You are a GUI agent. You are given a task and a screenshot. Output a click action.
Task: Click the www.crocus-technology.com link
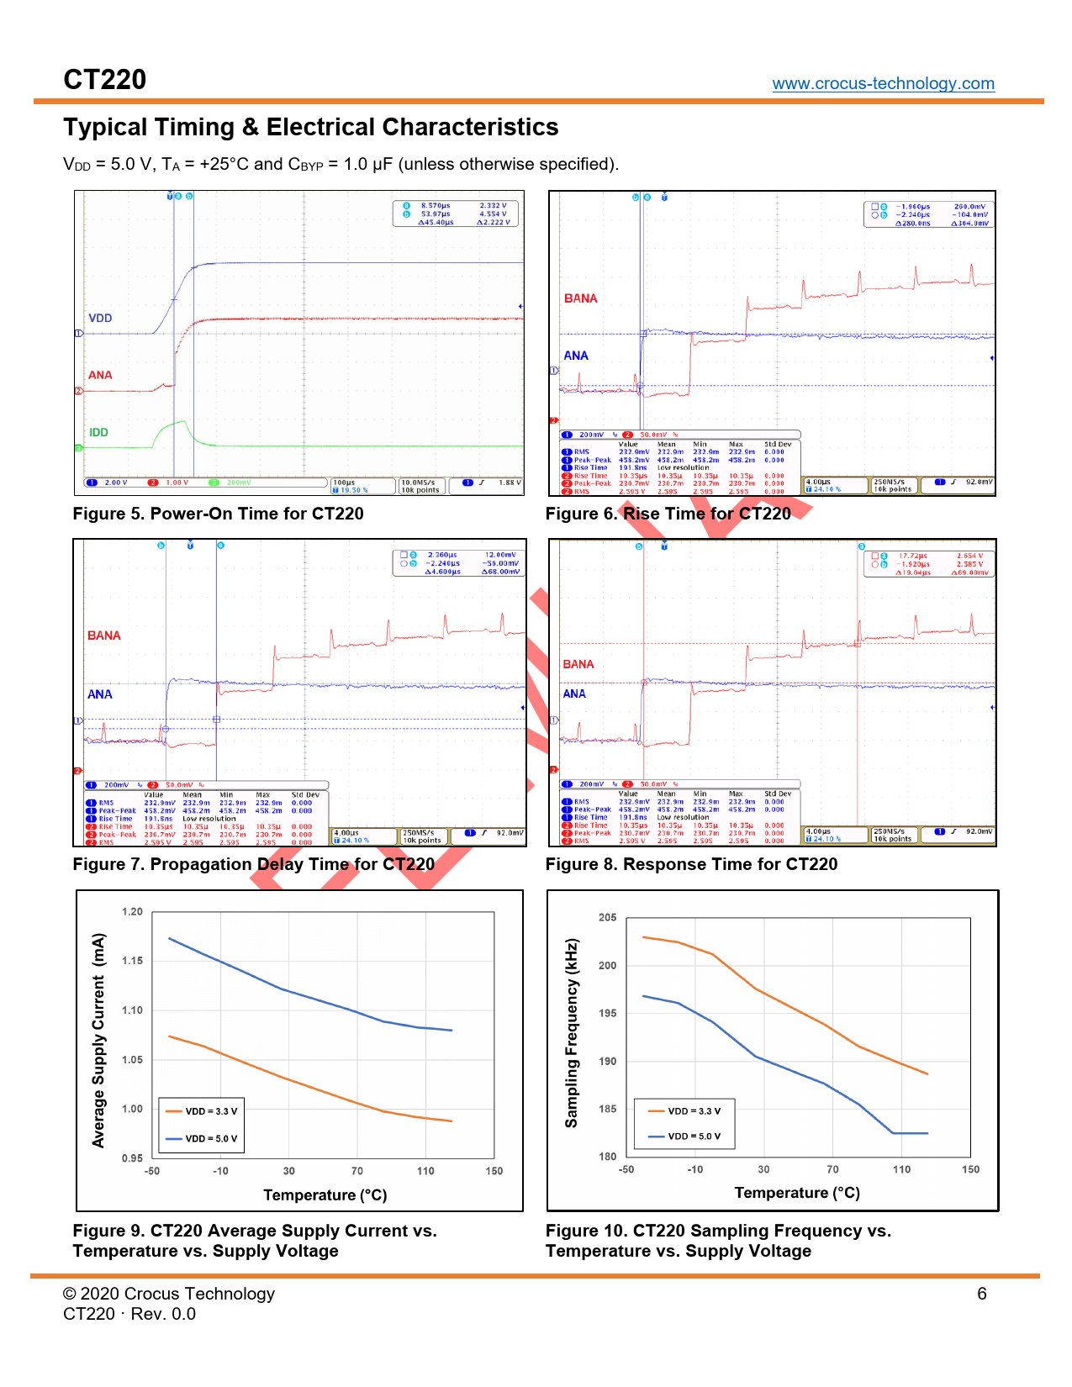883,83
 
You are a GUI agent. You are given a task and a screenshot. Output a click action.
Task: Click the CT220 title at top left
105,80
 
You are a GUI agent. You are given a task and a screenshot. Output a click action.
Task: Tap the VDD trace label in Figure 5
100,318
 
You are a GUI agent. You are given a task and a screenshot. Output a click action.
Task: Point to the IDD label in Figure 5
98,432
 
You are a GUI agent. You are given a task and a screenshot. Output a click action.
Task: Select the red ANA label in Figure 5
100,375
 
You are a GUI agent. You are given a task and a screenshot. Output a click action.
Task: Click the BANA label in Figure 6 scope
580,298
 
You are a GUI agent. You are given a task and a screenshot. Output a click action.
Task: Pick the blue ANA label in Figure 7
99,694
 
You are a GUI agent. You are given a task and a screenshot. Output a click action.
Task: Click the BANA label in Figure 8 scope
578,664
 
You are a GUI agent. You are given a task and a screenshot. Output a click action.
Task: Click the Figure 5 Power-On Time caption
218,514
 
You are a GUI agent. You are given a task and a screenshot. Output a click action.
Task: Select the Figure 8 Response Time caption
691,864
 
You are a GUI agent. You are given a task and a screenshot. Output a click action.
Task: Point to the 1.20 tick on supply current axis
132,912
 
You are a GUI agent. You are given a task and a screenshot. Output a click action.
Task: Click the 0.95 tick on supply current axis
132,1158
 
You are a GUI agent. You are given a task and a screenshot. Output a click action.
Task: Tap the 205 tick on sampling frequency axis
607,917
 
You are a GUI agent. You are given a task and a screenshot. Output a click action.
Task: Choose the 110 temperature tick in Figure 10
901,1169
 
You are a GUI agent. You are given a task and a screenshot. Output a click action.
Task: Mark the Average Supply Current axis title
98,1040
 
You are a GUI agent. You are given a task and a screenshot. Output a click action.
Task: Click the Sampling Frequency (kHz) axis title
572,1033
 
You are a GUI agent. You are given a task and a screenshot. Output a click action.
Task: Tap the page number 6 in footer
981,1294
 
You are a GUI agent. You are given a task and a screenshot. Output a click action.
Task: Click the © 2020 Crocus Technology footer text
169,1294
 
